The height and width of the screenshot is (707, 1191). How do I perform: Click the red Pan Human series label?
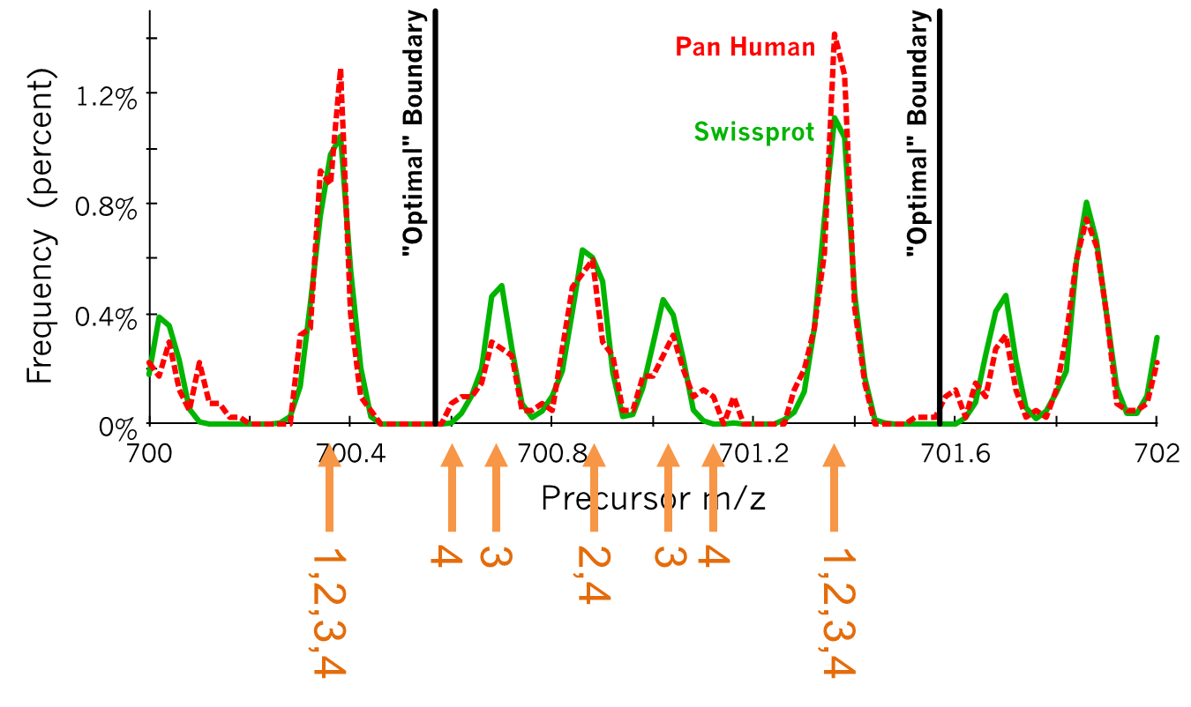click(745, 47)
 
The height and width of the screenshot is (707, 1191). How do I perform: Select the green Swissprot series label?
click(753, 132)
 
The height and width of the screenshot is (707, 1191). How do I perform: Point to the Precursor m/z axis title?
click(653, 499)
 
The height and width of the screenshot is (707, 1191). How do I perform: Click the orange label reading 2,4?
click(593, 574)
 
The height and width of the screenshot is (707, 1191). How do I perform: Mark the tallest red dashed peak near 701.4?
click(834, 35)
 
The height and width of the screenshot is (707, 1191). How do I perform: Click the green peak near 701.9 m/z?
click(1087, 204)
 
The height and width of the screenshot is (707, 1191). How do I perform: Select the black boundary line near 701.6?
click(940, 264)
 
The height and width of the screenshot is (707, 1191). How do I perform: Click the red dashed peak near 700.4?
click(341, 71)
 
